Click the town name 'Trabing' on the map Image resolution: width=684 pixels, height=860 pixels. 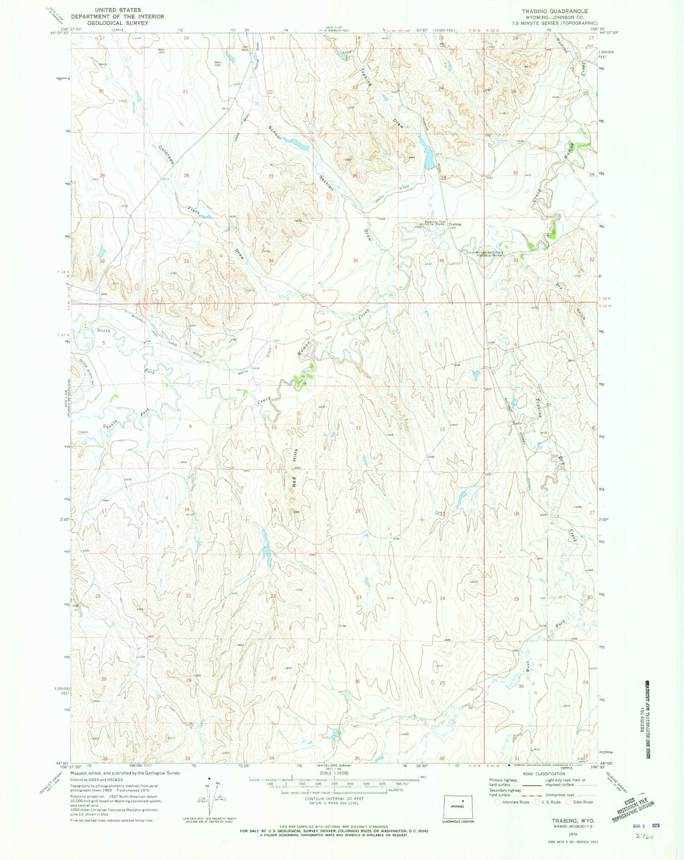tap(455, 224)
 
